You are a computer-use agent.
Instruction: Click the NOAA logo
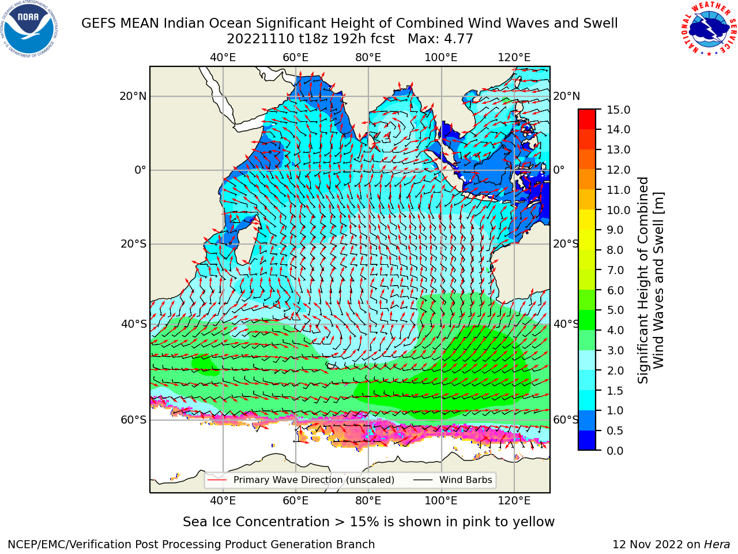click(x=29, y=29)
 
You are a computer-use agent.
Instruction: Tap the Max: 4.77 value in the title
click(x=440, y=39)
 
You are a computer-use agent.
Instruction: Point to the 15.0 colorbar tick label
click(x=618, y=110)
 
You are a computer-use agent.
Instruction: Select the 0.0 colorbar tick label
click(x=615, y=451)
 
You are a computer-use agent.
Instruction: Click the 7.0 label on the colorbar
click(x=615, y=270)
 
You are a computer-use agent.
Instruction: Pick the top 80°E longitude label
click(x=368, y=58)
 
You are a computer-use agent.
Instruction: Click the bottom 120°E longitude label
click(x=514, y=501)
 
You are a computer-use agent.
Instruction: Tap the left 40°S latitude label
click(x=134, y=324)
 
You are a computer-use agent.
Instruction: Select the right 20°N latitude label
click(x=567, y=96)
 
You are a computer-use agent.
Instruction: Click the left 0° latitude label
click(x=140, y=170)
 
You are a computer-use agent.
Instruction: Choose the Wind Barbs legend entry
click(x=453, y=480)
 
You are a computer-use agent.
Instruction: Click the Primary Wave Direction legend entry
click(x=301, y=480)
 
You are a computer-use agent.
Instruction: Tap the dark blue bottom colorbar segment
click(x=587, y=440)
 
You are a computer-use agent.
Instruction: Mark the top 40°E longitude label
click(x=223, y=58)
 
